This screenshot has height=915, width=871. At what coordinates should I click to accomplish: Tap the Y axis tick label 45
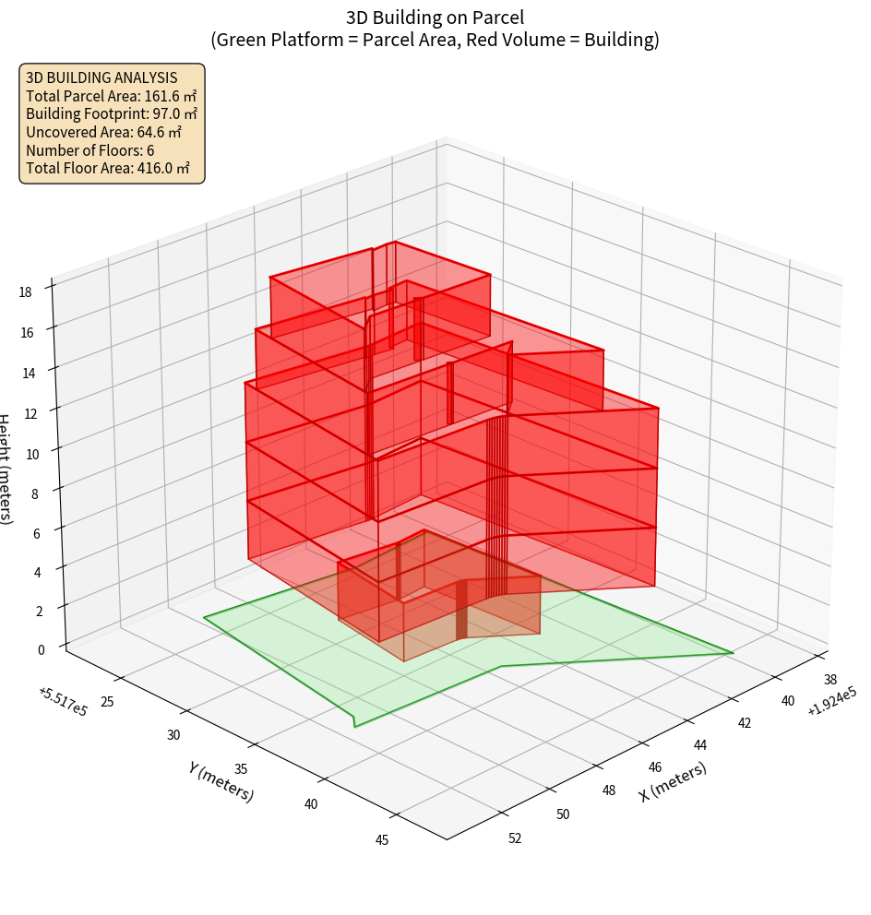(x=382, y=839)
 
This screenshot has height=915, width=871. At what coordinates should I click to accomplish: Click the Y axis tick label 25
(x=106, y=702)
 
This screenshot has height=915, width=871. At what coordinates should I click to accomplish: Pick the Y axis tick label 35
(x=243, y=769)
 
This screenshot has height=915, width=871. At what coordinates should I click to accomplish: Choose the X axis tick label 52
(x=514, y=838)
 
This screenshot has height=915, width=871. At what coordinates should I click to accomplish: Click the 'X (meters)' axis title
(x=673, y=782)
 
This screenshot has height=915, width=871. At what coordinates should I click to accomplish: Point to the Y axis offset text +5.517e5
(x=63, y=702)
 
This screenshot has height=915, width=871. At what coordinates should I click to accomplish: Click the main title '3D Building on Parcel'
(x=435, y=17)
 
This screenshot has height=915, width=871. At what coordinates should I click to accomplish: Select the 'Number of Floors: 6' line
(x=90, y=150)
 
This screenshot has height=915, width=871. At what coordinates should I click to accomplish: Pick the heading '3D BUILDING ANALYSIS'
(x=101, y=77)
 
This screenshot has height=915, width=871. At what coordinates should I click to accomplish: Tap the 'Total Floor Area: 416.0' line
(x=108, y=168)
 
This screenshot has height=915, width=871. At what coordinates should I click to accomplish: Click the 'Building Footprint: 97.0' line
(x=112, y=113)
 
